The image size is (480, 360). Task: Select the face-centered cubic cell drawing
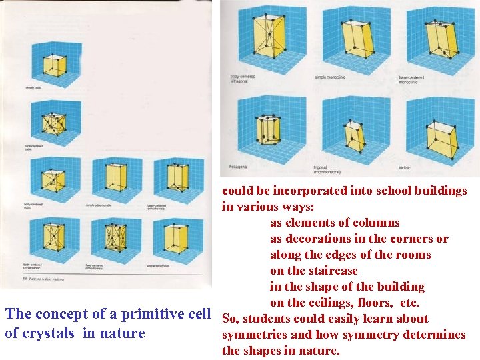[x=55, y=124]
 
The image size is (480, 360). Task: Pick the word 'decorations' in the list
[x=327, y=239]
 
